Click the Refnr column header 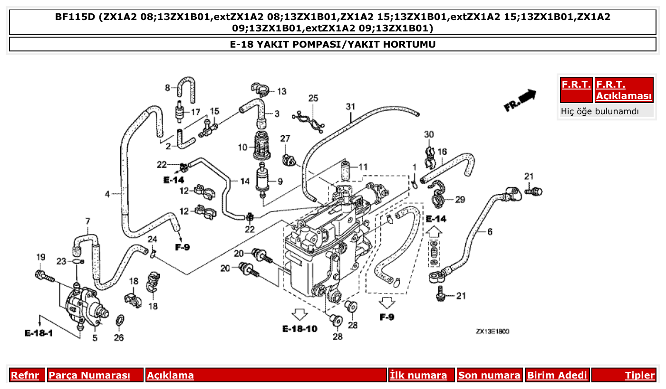[x=25, y=375]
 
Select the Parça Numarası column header [x=89, y=375]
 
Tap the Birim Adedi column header [x=557, y=375]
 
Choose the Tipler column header [x=639, y=375]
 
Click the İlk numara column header [x=418, y=375]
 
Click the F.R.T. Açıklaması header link [x=624, y=90]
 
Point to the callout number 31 [x=350, y=106]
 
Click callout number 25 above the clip [x=313, y=99]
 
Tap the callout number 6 [x=489, y=232]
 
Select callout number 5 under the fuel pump [x=95, y=338]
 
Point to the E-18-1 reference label [x=39, y=333]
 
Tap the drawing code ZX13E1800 [x=492, y=331]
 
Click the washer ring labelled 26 [x=120, y=319]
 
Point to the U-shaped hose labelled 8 [x=186, y=89]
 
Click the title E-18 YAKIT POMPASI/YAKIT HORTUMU [x=333, y=44]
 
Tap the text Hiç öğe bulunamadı [x=599, y=111]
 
